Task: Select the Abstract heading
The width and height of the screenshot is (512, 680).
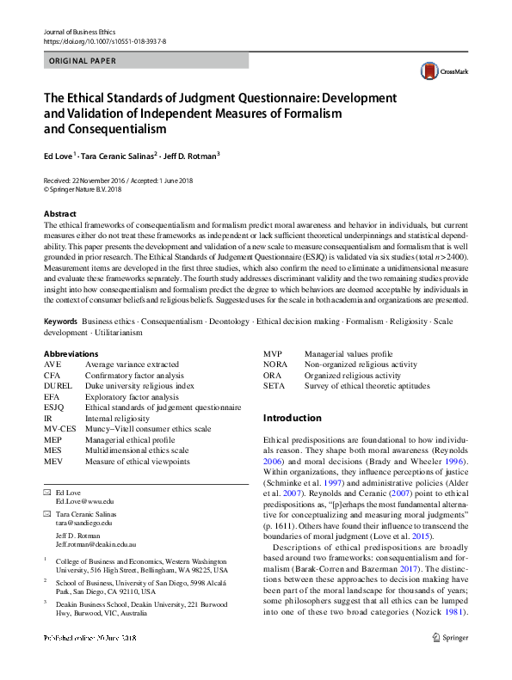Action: (60, 213)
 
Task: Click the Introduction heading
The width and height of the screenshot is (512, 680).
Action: (292, 418)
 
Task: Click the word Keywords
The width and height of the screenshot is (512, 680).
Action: (60, 321)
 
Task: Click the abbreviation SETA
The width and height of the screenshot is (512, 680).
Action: (274, 386)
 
